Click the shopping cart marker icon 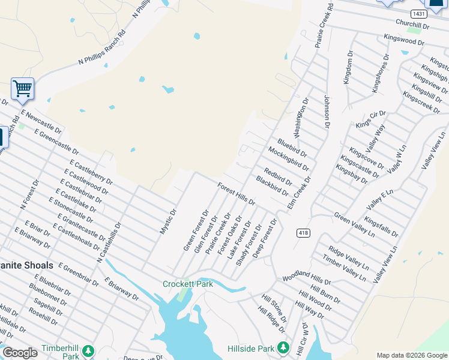22,89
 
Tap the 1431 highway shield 418,13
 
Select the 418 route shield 302,232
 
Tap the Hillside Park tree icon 283,348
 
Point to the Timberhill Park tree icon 88,350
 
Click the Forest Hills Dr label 237,194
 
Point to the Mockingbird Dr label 288,159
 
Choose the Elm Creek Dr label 300,192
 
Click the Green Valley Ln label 354,224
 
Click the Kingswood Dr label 403,39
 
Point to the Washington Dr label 301,117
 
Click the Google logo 20,353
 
